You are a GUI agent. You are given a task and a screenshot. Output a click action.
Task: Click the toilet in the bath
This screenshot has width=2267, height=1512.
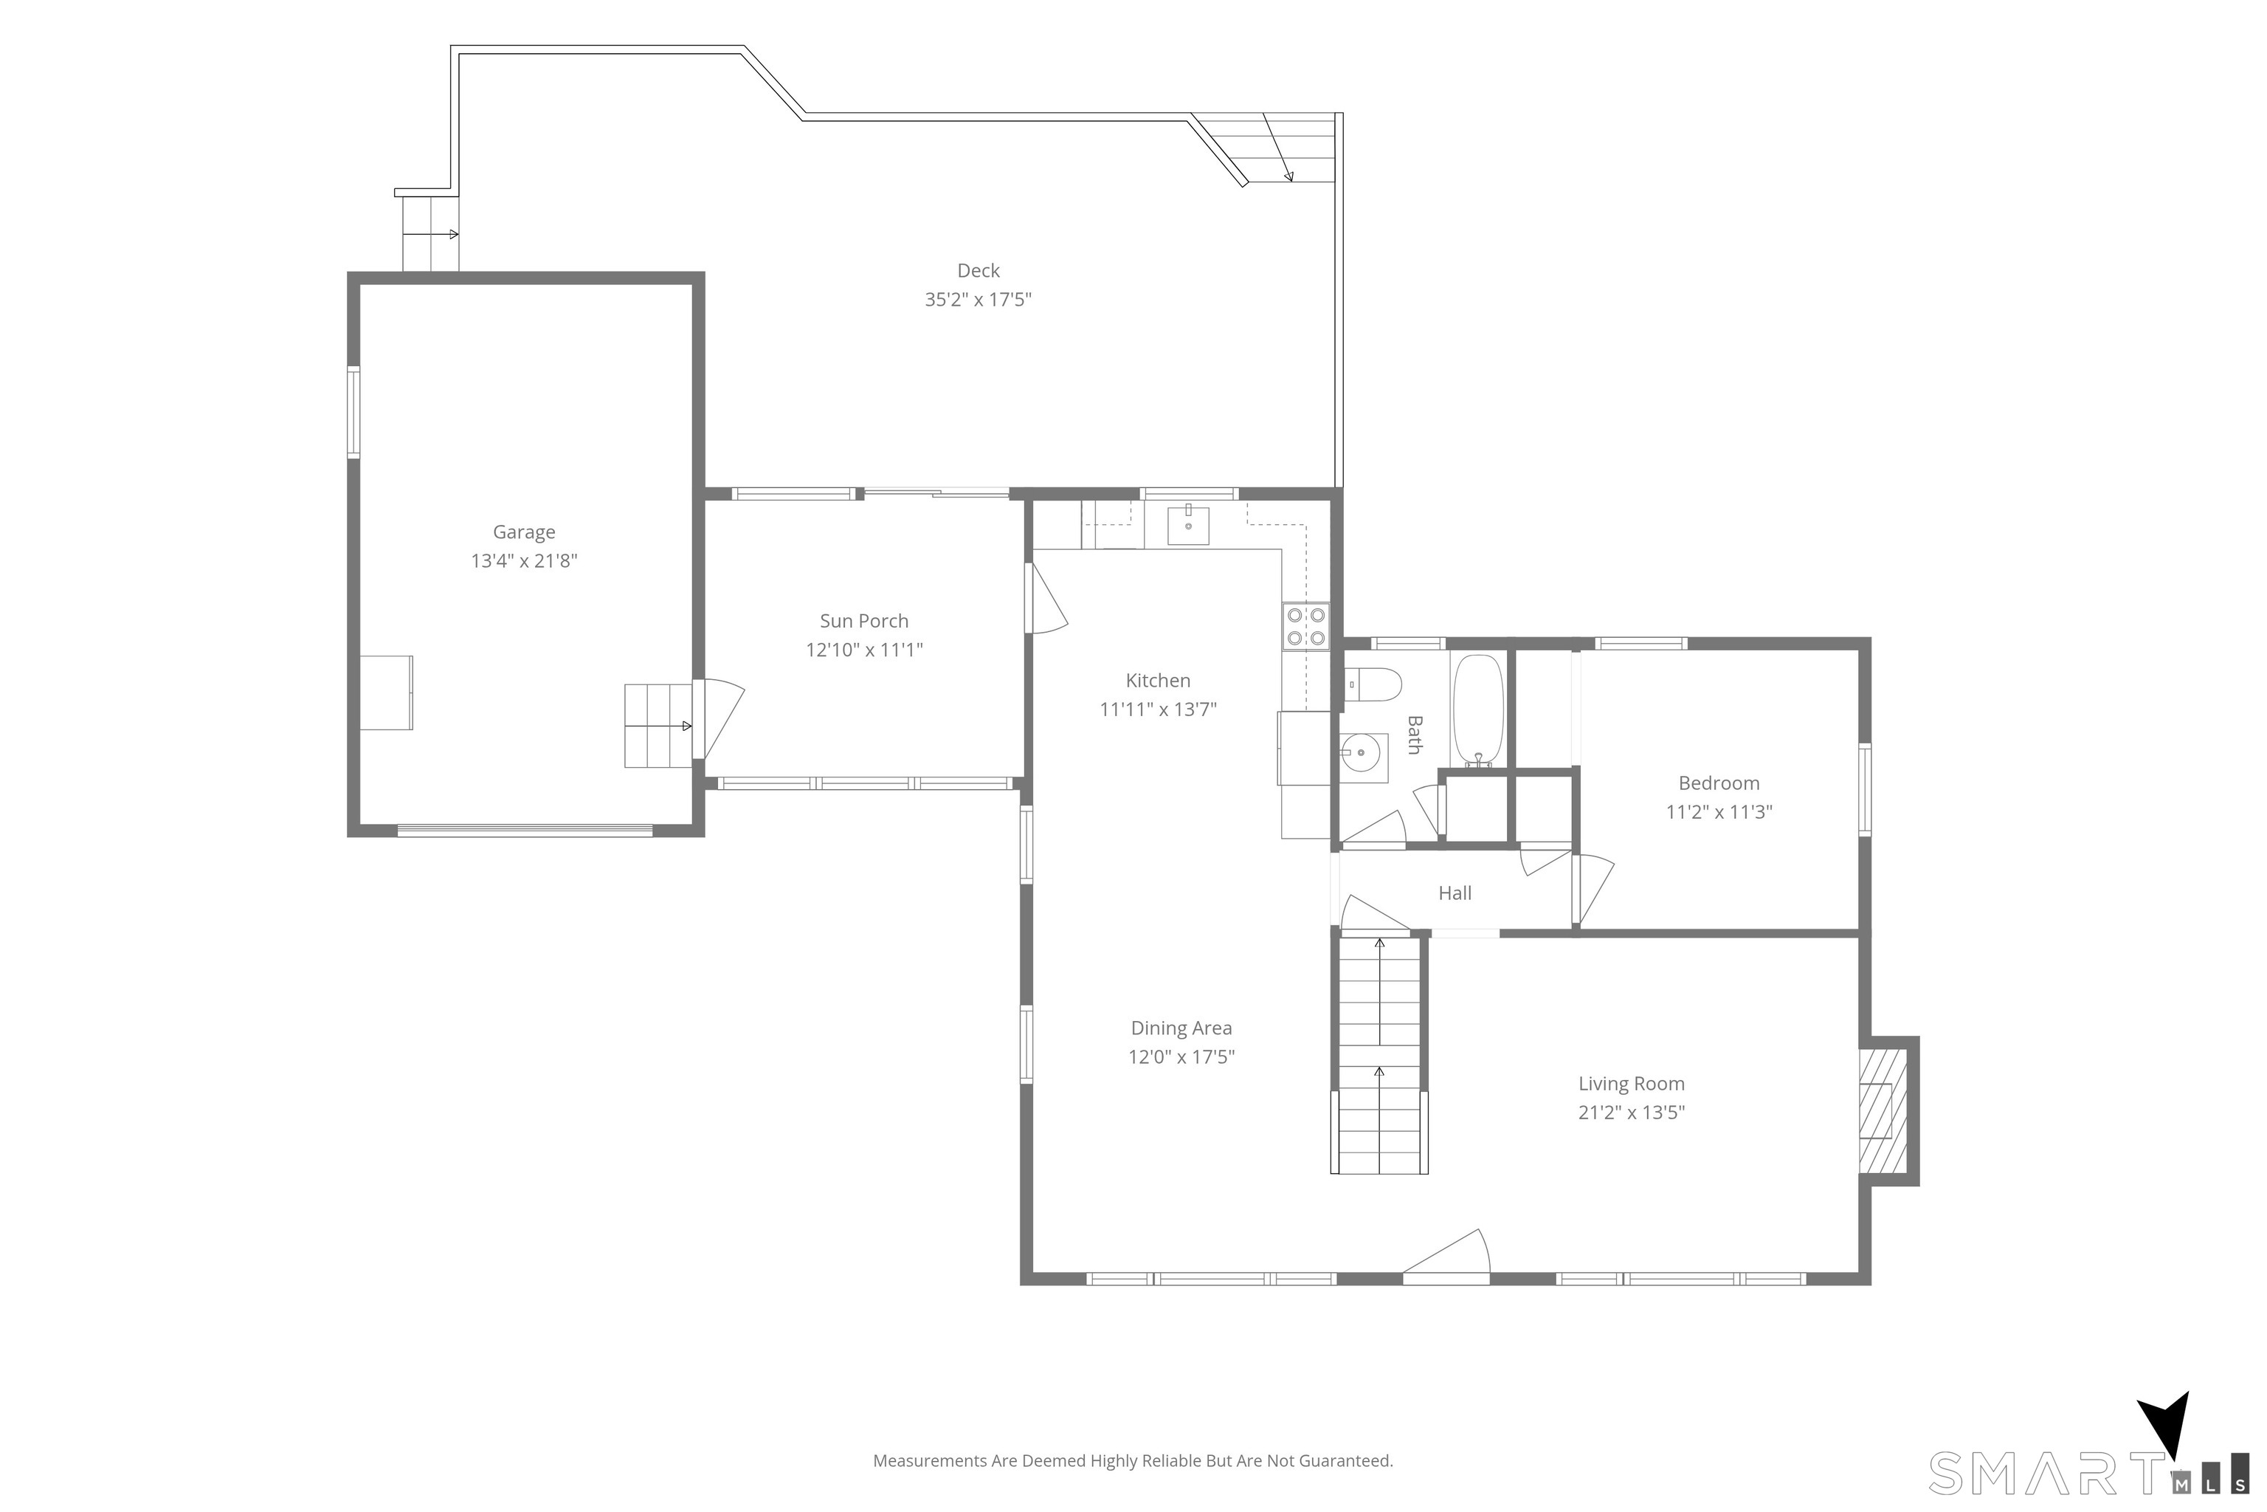[1373, 684]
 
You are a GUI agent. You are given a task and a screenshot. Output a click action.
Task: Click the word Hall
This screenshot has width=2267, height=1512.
[1455, 893]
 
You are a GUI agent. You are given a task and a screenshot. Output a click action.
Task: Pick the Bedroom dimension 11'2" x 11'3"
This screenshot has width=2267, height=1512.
[1719, 812]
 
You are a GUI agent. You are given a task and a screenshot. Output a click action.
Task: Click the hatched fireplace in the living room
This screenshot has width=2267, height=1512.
[1883, 1110]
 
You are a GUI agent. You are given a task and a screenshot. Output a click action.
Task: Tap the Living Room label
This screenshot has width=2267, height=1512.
[1631, 1084]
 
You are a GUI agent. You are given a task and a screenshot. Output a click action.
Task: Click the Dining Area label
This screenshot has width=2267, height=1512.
[1181, 1028]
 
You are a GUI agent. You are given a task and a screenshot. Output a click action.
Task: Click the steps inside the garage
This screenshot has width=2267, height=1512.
[658, 725]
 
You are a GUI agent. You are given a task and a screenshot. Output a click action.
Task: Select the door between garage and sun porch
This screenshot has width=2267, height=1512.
[718, 718]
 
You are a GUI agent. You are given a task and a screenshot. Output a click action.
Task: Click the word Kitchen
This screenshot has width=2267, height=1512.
[1158, 681]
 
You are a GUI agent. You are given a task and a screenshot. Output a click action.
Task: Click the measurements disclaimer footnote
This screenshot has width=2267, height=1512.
[1133, 1461]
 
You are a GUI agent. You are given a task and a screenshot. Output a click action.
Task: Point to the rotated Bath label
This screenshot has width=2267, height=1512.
[1414, 735]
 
